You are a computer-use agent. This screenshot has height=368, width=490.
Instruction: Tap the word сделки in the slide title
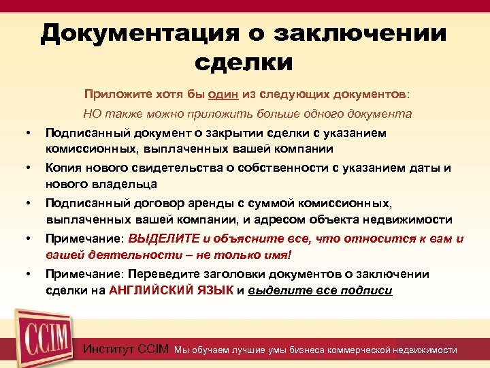244,62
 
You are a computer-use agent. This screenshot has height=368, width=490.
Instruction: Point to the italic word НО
93,114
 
